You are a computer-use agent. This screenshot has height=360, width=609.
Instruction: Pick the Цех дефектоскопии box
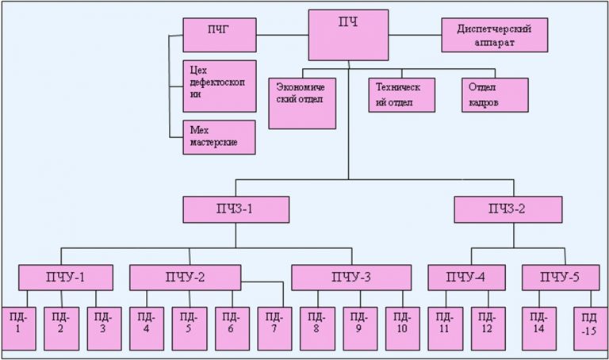[x=220, y=86]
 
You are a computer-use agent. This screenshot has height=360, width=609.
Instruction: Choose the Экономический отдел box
[x=302, y=101]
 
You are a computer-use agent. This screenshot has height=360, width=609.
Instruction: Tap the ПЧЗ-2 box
[x=508, y=209]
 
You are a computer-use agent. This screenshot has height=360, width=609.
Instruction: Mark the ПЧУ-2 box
[x=185, y=278]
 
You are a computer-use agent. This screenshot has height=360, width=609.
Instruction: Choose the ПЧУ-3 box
[x=351, y=278]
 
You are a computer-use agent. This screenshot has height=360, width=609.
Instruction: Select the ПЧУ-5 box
[x=558, y=278]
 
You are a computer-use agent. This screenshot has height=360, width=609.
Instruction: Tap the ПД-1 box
[x=17, y=326]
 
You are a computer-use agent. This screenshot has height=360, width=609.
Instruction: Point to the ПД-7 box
[x=271, y=326]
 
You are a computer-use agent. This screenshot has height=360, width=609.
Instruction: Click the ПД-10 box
[x=403, y=326]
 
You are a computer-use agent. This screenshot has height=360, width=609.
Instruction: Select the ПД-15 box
[x=590, y=326]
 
